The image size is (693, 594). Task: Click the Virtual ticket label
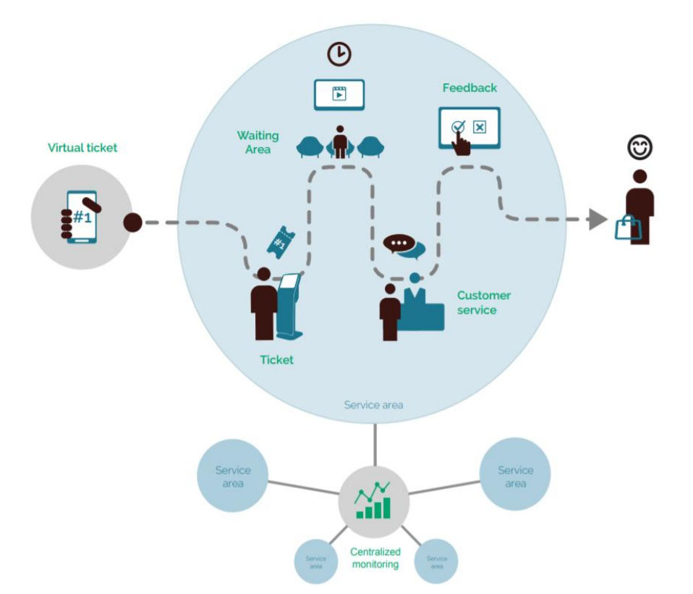click(x=82, y=148)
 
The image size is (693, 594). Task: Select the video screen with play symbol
click(x=339, y=94)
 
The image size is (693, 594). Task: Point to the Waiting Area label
click(x=258, y=142)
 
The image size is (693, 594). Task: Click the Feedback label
click(x=469, y=88)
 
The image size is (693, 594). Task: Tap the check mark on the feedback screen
click(x=457, y=126)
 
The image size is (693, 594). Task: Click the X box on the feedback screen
click(x=480, y=127)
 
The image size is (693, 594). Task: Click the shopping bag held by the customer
click(x=627, y=228)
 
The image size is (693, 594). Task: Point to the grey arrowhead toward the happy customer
click(x=597, y=219)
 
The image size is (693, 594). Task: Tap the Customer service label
click(x=483, y=302)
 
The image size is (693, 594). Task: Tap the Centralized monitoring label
click(x=375, y=557)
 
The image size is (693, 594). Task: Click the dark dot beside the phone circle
click(x=132, y=222)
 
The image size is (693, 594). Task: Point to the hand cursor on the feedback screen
click(x=461, y=143)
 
